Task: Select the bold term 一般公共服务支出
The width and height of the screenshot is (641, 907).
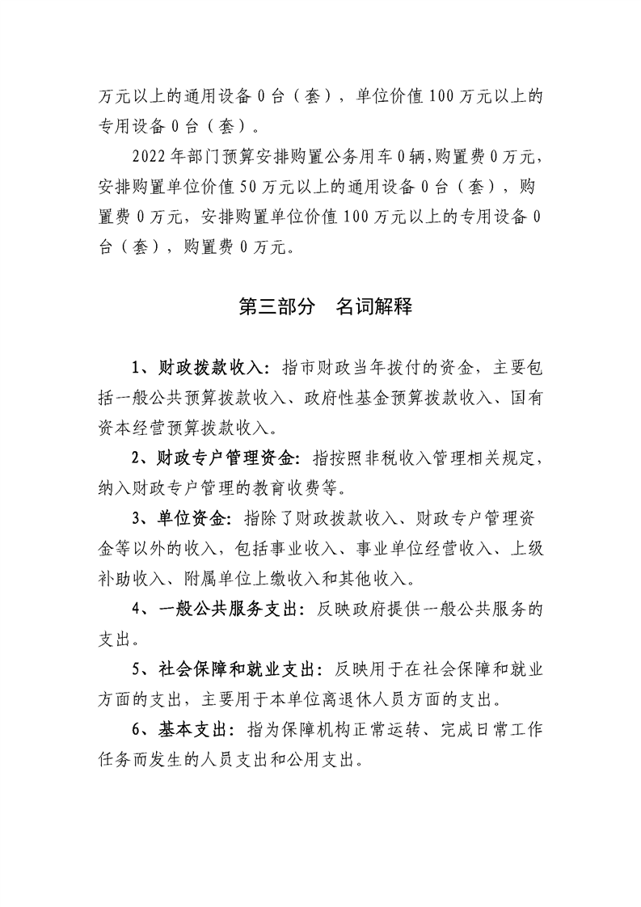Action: tap(224, 608)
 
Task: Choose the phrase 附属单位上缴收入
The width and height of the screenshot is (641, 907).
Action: tap(228, 578)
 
